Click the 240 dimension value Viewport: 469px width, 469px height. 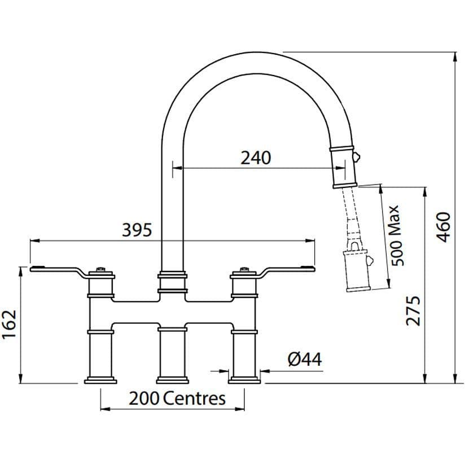click(x=256, y=158)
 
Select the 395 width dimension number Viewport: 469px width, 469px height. click(x=137, y=230)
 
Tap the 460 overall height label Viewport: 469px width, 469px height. click(x=443, y=227)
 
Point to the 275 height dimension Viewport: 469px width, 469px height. click(x=413, y=311)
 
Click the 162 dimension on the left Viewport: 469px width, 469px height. click(x=9, y=324)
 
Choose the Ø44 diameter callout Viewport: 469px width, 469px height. click(x=305, y=359)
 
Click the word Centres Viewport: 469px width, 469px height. click(x=194, y=398)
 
